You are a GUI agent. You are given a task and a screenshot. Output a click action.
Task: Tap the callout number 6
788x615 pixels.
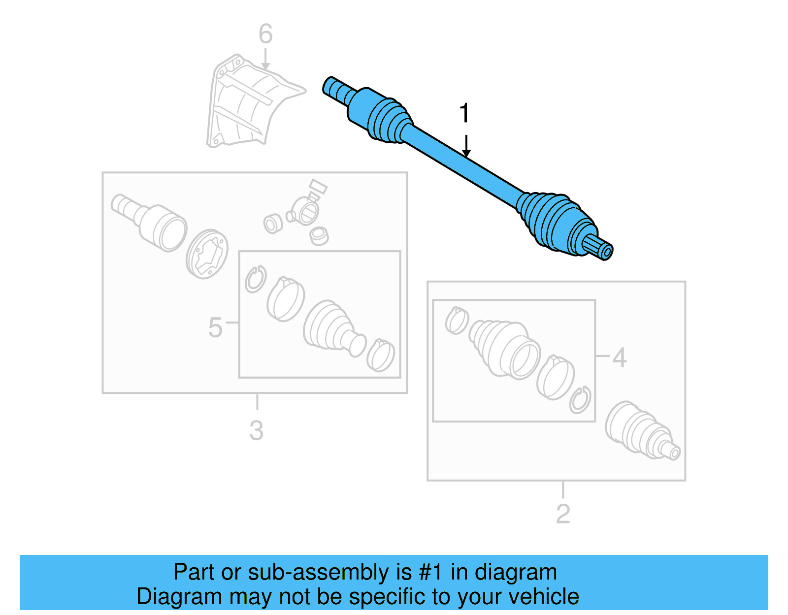265,34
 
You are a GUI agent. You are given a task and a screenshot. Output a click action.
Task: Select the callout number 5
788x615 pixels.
215,327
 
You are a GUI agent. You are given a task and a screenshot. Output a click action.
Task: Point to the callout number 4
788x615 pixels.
619,357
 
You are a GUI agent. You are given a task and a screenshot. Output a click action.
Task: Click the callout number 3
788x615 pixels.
256,431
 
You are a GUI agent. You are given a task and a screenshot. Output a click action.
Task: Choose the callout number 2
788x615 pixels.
563,514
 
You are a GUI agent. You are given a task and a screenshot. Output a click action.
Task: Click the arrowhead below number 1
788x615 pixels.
466,154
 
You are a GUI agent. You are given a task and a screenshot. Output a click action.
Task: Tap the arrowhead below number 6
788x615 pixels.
265,66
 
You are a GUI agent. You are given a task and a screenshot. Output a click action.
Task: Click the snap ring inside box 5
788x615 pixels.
255,279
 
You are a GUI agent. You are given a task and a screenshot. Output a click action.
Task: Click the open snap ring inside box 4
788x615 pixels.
580,399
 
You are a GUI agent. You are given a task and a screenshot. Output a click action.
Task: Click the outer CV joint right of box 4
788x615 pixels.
640,431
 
